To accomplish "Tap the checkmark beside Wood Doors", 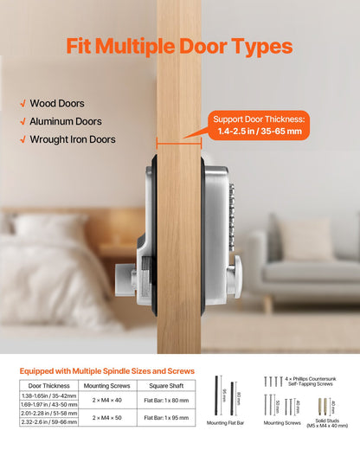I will (x=22, y=104).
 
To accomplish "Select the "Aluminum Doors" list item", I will (x=66, y=121).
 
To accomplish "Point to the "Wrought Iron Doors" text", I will (x=73, y=139).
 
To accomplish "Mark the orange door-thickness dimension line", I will (x=178, y=139).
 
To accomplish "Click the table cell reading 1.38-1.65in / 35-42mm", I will (x=48, y=395).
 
